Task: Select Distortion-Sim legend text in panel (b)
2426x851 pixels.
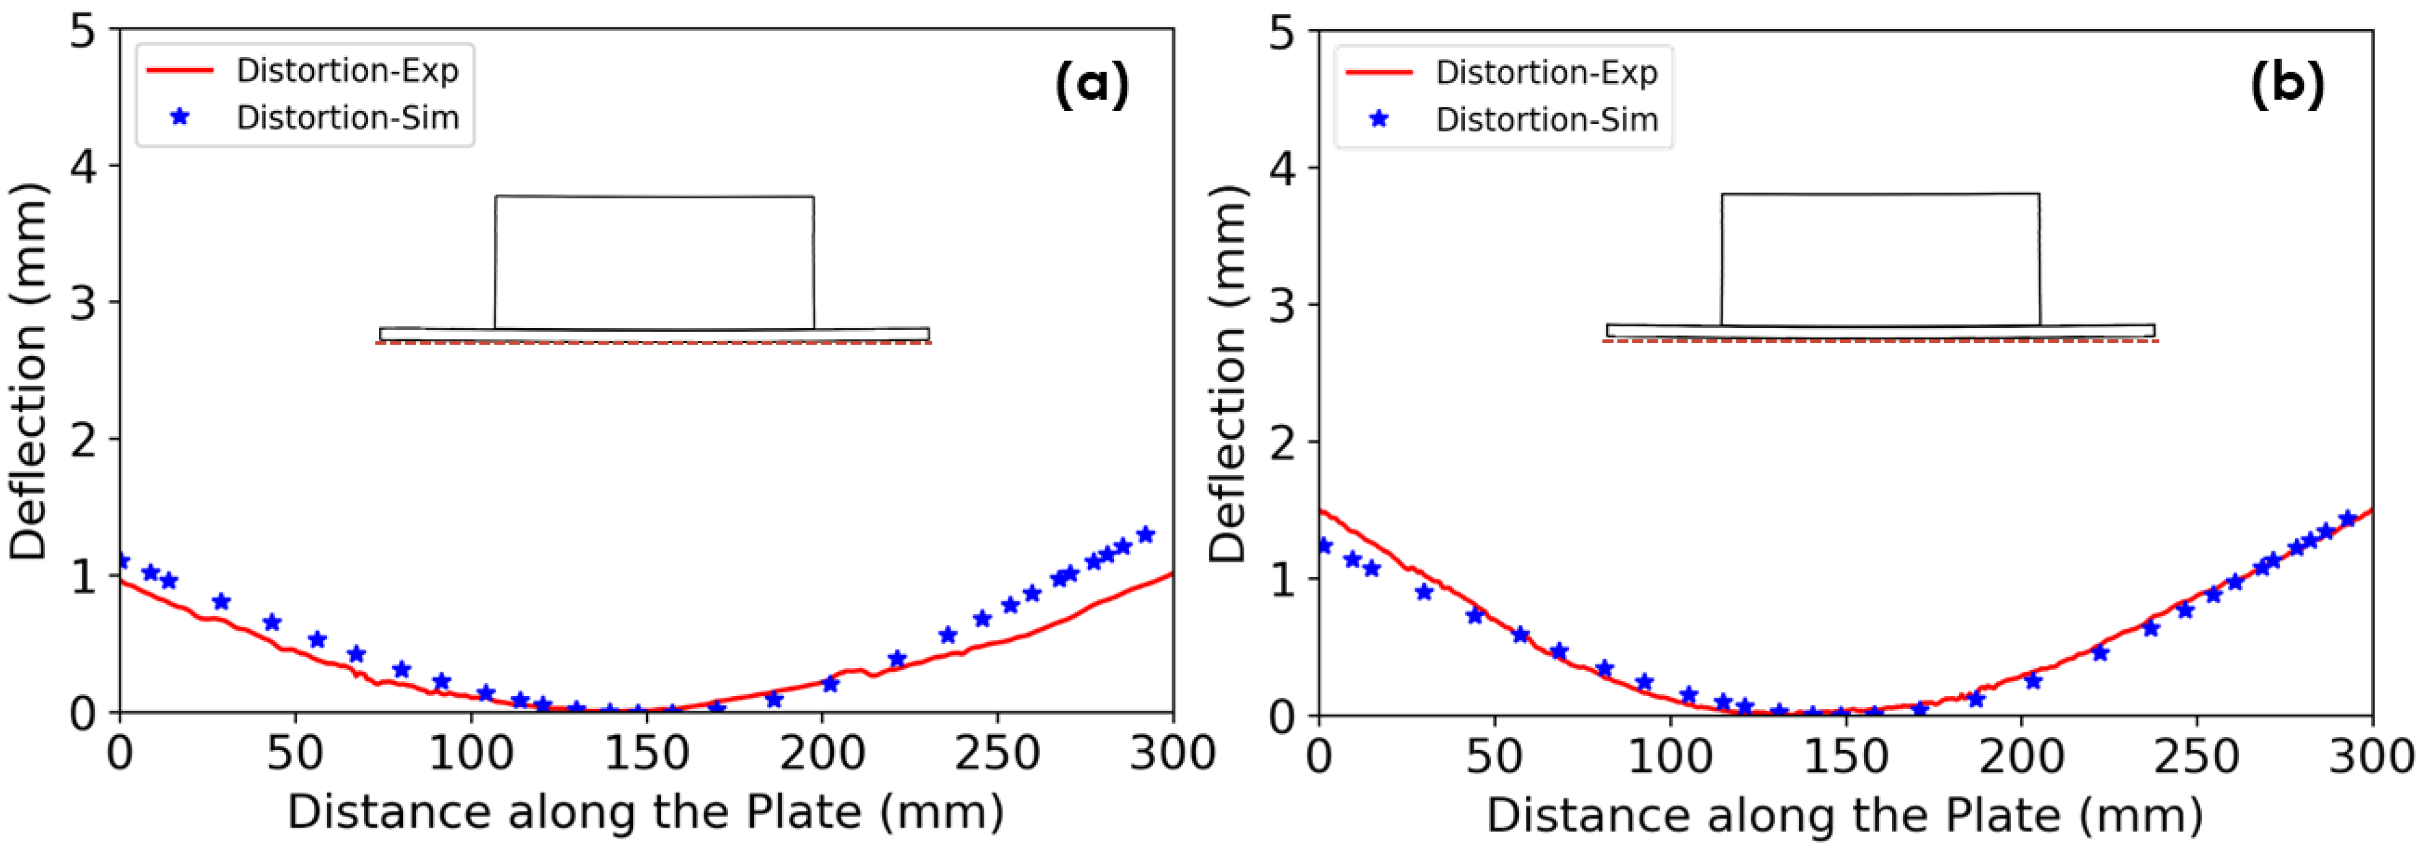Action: coord(1546,119)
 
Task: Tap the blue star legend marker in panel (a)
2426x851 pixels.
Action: coord(179,117)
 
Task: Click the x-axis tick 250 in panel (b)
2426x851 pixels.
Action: coord(2197,756)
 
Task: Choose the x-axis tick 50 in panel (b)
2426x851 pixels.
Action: coord(1494,756)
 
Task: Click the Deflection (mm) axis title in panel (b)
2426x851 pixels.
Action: coord(1228,373)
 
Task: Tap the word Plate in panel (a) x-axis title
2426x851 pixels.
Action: coord(803,812)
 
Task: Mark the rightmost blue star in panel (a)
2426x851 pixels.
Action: coord(1145,534)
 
